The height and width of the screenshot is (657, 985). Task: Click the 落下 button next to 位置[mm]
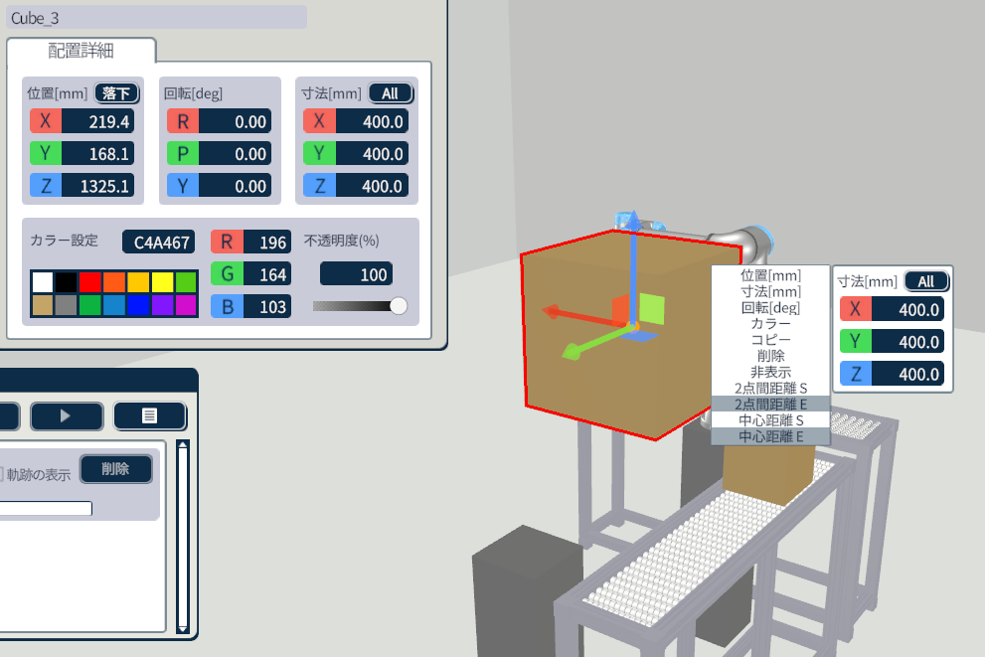pyautogui.click(x=117, y=93)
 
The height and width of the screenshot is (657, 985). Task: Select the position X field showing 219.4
pyautogui.click(x=98, y=121)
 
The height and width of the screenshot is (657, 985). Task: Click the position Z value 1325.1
pyautogui.click(x=98, y=186)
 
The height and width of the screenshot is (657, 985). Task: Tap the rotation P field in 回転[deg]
pyautogui.click(x=235, y=154)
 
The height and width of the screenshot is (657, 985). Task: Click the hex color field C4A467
pyautogui.click(x=159, y=242)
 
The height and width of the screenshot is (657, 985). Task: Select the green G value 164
pyautogui.click(x=267, y=274)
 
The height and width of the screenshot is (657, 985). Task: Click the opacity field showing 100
pyautogui.click(x=356, y=274)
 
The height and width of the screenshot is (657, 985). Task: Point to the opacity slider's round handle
pyautogui.click(x=399, y=306)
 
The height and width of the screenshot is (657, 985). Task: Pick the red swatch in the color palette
pyautogui.click(x=89, y=282)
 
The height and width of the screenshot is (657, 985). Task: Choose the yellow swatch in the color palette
pyautogui.click(x=162, y=282)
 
